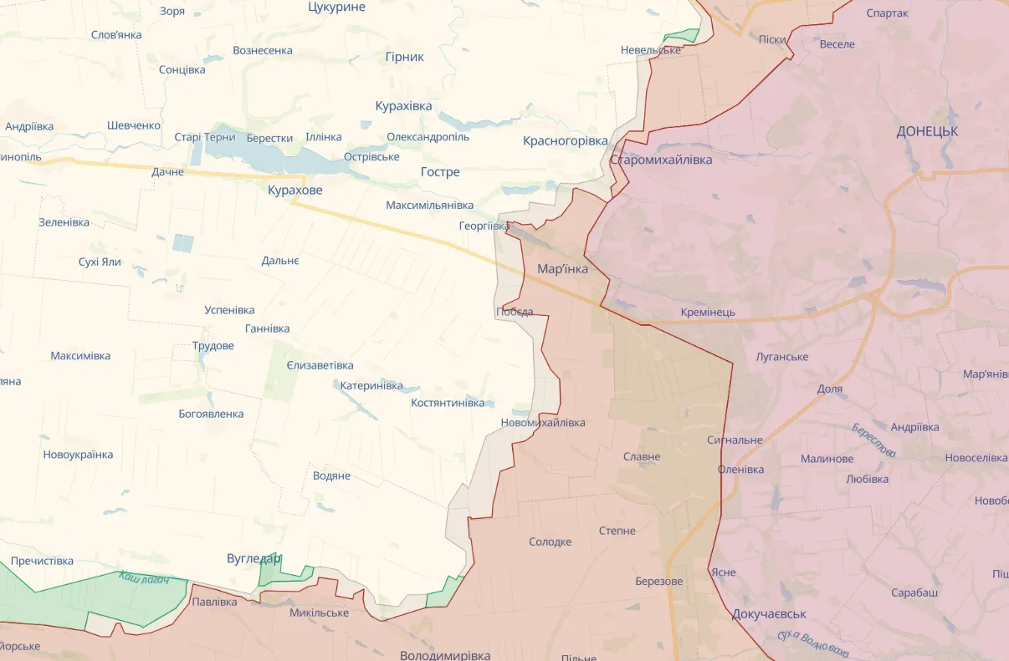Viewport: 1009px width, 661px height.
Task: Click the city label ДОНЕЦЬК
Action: click(x=927, y=131)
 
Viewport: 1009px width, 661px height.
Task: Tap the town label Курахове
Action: click(x=295, y=191)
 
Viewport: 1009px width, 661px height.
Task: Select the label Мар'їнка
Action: click(x=562, y=269)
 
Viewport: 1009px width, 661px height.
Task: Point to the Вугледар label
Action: click(x=254, y=558)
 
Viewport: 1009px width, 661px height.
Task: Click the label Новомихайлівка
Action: click(x=543, y=423)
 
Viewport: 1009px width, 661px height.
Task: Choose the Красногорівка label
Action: click(x=566, y=140)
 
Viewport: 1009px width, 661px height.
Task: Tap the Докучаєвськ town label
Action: click(x=769, y=613)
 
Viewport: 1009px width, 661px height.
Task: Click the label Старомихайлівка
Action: click(x=661, y=160)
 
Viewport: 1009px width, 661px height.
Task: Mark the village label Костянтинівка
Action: click(x=448, y=403)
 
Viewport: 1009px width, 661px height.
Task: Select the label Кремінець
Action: click(x=708, y=313)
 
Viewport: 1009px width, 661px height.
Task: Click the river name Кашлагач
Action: click(x=144, y=577)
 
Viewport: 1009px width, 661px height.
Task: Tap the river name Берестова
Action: click(x=873, y=440)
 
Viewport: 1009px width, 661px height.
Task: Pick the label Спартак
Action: click(x=888, y=13)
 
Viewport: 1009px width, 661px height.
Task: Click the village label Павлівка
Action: click(x=214, y=602)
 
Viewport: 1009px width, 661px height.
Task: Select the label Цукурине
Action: click(x=336, y=7)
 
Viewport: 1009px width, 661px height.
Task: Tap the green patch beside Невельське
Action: click(x=682, y=37)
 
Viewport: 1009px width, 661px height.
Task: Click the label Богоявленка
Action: click(x=211, y=414)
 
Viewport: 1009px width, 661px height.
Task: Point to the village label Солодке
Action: click(x=551, y=542)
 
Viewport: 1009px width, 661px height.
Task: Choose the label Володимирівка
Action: click(x=445, y=654)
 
